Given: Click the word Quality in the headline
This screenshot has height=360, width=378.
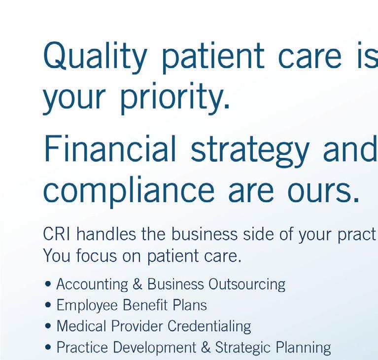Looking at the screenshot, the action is coord(95,57).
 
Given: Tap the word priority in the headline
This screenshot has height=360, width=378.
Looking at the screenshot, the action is coord(175,98).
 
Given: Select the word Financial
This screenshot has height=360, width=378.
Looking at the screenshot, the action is coord(110,148).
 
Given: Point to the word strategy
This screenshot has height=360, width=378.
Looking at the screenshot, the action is coord(250,151).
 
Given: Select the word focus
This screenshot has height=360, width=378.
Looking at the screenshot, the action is coord(97,255).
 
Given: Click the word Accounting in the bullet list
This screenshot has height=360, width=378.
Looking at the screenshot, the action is coord(92,284).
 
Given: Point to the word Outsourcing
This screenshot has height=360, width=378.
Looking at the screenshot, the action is coord(247,284).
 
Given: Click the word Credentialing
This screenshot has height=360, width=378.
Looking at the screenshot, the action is coord(209,326).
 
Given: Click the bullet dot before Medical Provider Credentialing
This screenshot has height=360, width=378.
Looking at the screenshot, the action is coord(48,326).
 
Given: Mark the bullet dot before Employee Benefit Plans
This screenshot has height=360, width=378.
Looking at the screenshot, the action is coord(48,305).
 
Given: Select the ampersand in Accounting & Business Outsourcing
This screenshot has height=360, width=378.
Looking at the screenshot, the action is coord(137,284).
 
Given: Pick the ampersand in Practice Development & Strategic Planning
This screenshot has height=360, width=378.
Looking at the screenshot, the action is coord(206,348).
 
